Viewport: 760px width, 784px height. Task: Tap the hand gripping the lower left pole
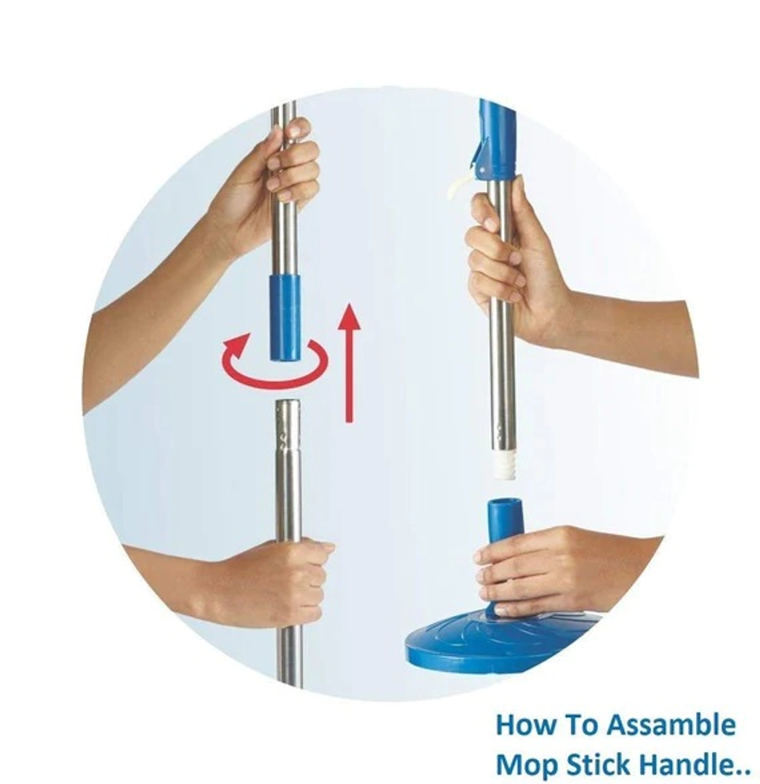click(285, 579)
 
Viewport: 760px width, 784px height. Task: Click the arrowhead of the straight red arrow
click(348, 317)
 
